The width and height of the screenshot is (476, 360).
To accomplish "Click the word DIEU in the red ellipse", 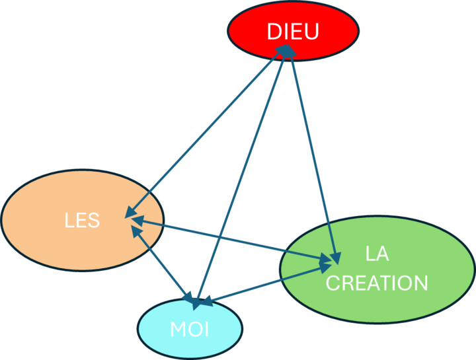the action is coord(293,31).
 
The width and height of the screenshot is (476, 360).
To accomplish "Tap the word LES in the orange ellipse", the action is coord(82,220).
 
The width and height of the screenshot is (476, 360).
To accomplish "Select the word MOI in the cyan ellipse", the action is coord(190,329).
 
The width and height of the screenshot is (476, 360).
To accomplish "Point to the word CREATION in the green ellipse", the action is coord(377,283).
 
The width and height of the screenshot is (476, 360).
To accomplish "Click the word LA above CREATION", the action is coord(377,254).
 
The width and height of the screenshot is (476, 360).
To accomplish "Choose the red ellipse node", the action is coord(294,31).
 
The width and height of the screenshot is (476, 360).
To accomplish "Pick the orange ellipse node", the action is coord(83,220).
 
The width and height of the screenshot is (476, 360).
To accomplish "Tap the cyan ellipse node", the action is coord(190,328).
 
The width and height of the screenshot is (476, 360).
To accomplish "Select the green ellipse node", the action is coord(377,270).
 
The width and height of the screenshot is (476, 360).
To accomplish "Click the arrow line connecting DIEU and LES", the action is coord(207,131).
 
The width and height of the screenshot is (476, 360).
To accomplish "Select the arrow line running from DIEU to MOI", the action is coord(241,178).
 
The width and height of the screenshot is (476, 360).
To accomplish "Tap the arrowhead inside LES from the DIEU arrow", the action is coord(130,212).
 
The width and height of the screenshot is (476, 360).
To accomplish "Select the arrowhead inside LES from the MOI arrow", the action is coord(137,232).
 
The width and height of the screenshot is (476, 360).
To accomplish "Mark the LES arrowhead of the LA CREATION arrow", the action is coord(138,220).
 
